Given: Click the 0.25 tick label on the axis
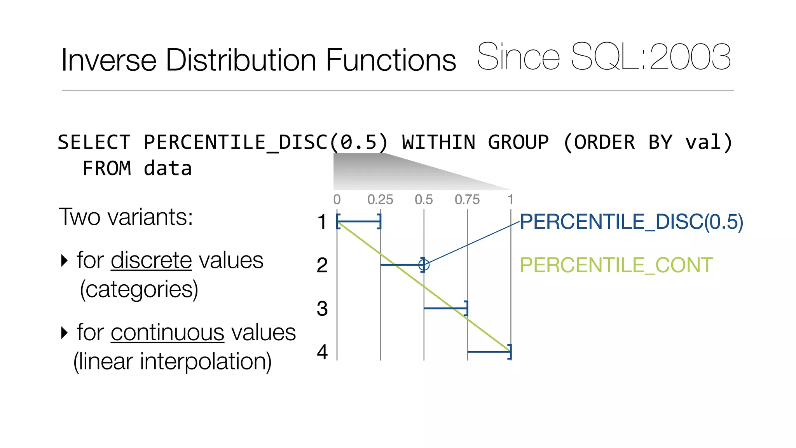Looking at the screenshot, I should click(380, 199).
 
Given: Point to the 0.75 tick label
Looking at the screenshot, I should click(467, 199).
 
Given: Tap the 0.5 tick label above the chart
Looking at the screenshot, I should click(424, 199).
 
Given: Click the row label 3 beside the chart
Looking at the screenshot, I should click(322, 309).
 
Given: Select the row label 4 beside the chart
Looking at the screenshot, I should click(322, 352).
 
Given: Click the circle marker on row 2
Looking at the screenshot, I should click(424, 265).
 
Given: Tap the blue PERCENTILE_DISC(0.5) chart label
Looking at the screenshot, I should click(631, 222).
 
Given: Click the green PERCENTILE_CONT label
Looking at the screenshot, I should click(616, 266).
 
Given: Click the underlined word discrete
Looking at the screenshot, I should click(151, 260).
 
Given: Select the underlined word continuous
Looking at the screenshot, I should click(168, 332).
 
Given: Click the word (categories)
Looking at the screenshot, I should click(139, 290).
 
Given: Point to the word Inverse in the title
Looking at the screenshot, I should click(108, 60).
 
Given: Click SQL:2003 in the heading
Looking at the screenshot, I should click(651, 57).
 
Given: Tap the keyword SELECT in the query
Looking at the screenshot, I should click(94, 142).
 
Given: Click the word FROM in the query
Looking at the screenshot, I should click(107, 169).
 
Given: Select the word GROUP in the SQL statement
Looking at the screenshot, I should click(518, 142).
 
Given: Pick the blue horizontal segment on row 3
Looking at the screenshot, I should click(445, 308).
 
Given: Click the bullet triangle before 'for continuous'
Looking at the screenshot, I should click(65, 332).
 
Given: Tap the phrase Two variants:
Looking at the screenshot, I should click(126, 217).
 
